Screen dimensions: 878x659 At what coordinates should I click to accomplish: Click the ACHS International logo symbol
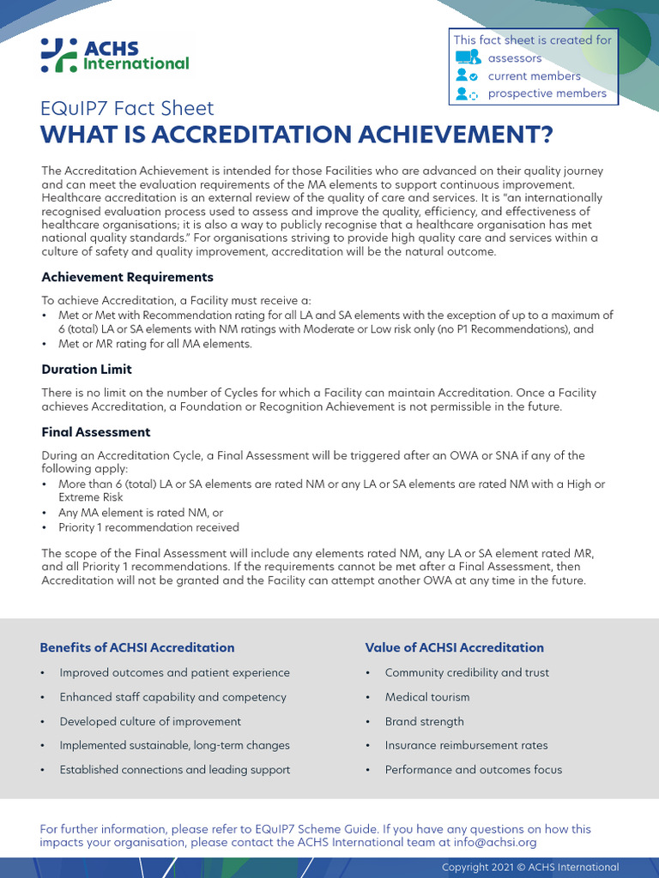pos(59,55)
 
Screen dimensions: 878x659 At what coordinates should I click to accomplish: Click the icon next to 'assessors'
pos(467,58)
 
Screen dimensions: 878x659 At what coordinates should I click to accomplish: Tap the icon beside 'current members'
pos(467,76)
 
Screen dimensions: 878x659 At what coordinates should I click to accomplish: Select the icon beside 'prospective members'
pos(467,94)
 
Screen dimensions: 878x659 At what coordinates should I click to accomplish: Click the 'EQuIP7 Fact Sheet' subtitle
pos(127,109)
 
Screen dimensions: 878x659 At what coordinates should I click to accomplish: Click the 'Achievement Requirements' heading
pos(127,277)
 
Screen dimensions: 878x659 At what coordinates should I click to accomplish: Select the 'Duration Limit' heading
pos(87,370)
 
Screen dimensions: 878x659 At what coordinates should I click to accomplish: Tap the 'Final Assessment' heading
pos(96,432)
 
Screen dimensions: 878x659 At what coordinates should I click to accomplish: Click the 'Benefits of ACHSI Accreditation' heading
pos(137,647)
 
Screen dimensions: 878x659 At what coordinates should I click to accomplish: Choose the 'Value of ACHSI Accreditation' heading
pos(454,647)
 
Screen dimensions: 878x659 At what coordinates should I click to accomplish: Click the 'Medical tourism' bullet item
pos(427,697)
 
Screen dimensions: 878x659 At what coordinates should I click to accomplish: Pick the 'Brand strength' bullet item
pos(424,721)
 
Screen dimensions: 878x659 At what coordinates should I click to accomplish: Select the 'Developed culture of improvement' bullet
pos(150,721)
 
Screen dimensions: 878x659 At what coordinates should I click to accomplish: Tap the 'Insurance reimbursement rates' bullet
pos(466,745)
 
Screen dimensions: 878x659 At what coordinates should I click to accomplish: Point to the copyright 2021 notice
pos(529,867)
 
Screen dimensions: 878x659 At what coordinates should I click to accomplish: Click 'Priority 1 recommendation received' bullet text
pos(148,527)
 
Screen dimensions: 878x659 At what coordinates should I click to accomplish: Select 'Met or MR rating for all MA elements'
pos(154,344)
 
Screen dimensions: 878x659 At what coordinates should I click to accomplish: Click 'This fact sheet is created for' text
pos(532,40)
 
